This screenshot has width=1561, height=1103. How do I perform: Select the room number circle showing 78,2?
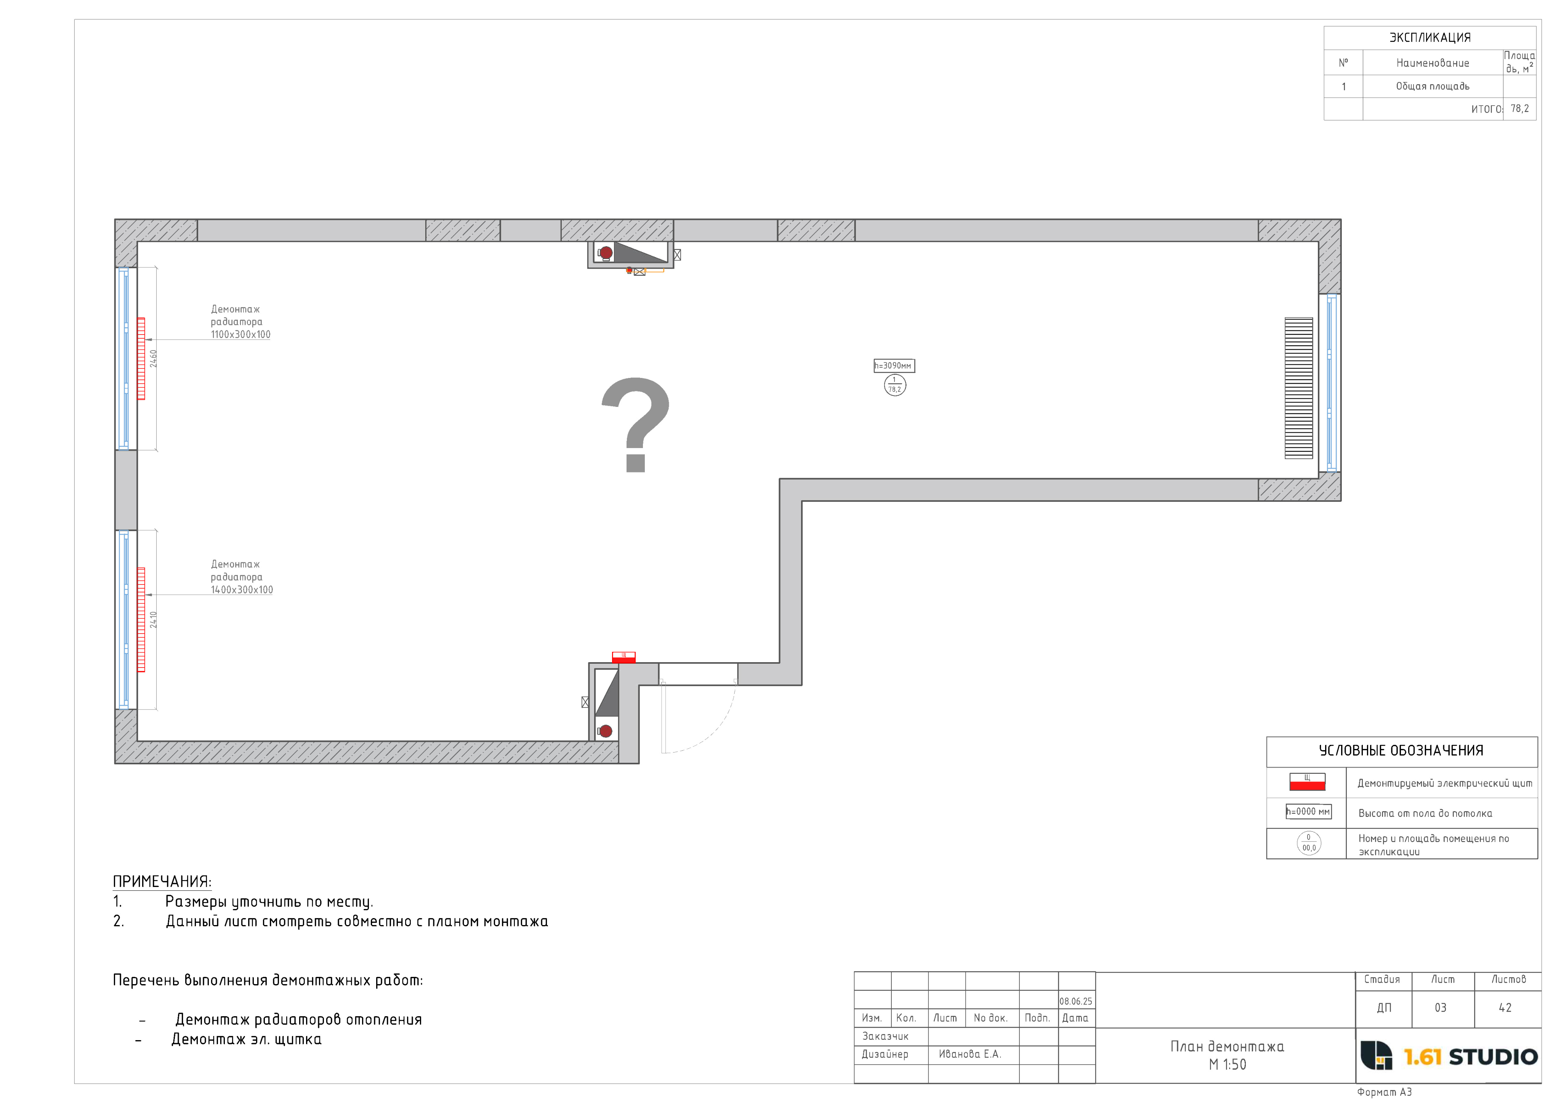coord(895,385)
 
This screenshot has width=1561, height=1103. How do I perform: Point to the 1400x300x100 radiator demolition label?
coord(241,577)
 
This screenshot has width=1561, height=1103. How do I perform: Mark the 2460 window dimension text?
coord(154,359)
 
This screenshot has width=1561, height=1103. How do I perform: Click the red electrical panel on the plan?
coord(623,657)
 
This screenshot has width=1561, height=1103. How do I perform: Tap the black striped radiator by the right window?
coord(1298,388)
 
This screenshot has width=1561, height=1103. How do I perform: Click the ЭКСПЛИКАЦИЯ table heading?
coord(1430,37)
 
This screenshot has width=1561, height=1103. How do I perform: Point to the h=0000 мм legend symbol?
coord(1308,812)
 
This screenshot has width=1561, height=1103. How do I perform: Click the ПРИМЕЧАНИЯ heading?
coord(162,882)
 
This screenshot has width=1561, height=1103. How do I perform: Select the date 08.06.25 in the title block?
coord(1075,1001)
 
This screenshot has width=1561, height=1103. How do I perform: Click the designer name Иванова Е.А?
coord(970,1054)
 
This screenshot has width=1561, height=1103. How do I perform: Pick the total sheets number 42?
coord(1505,1008)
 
